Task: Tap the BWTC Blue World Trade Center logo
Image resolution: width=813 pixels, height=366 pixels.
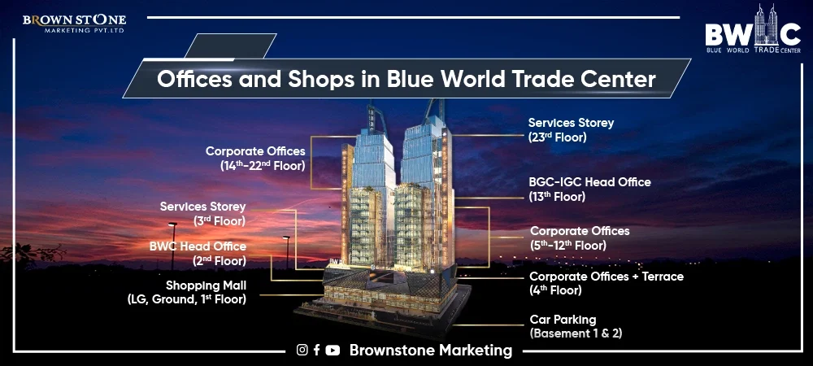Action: point(752,32)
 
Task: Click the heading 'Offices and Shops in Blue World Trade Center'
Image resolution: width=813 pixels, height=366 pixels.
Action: point(406,81)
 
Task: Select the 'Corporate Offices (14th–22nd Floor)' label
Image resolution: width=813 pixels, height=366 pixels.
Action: point(255,158)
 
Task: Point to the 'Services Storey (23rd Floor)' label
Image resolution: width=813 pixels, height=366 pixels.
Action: point(571,130)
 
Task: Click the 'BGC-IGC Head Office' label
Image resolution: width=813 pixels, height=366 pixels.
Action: point(589,189)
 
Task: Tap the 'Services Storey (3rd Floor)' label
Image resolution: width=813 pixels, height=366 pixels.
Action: point(202,213)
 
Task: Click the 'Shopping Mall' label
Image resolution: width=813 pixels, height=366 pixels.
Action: point(206,285)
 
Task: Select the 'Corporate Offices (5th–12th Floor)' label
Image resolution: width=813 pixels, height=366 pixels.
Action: point(580,237)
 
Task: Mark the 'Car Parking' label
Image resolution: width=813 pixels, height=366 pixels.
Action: point(563,320)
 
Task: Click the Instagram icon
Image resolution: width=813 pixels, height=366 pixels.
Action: point(302,351)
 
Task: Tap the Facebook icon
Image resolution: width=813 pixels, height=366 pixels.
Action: point(316,351)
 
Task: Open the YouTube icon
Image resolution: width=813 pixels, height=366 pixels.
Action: point(333,351)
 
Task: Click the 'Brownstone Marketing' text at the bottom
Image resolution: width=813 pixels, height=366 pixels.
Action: point(431,351)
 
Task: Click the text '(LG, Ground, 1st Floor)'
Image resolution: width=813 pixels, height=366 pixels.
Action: point(186,299)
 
